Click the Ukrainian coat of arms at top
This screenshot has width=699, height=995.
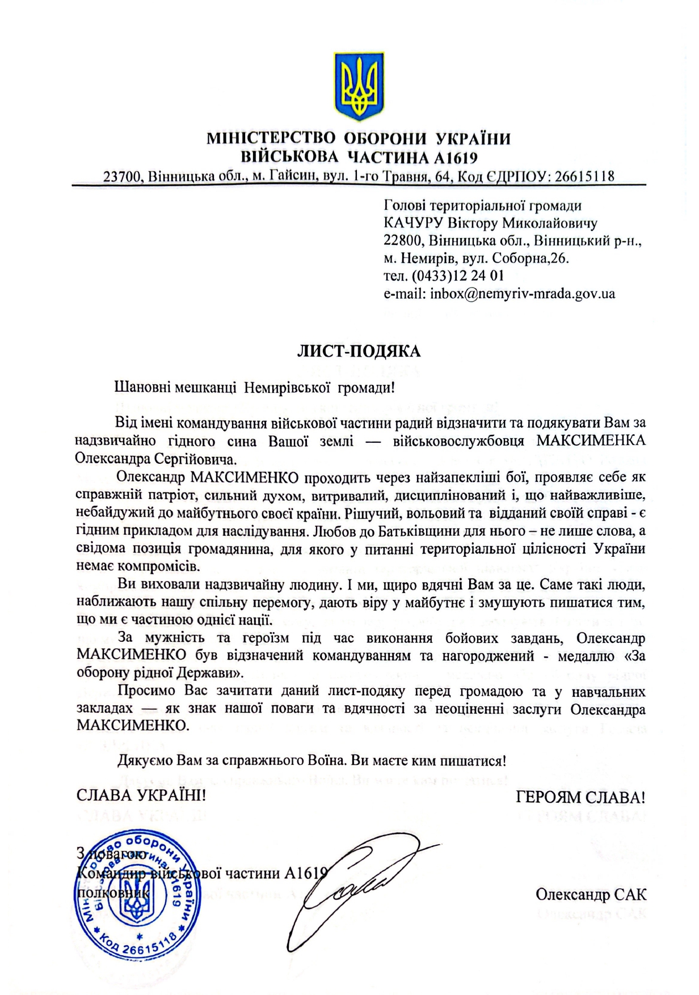[x=359, y=86]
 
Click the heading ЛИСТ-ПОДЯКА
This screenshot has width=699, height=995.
[x=359, y=352]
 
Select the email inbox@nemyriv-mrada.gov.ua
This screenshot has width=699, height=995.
[x=522, y=294]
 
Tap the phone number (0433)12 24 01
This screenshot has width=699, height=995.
[x=457, y=276]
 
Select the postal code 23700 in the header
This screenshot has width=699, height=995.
[x=122, y=176]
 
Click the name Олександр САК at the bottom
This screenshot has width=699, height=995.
[x=591, y=895]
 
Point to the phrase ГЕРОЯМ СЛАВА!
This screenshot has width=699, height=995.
[x=580, y=797]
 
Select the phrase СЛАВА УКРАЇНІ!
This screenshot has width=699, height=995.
[x=141, y=795]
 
